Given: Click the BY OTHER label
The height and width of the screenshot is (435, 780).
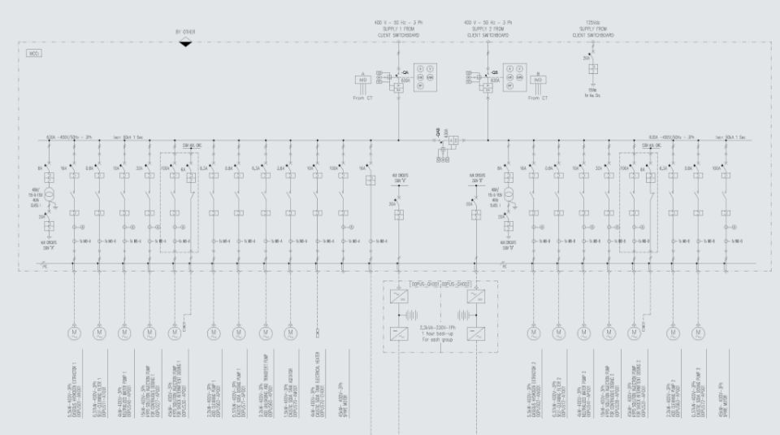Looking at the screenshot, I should (x=185, y=32).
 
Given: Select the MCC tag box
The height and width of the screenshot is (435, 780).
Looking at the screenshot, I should (x=34, y=54).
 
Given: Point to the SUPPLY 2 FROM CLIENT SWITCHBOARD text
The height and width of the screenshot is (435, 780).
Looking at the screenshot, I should (x=487, y=33).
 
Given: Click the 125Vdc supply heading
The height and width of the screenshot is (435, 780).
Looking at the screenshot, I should (x=592, y=33).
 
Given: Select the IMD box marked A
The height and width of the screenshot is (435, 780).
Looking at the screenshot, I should (x=364, y=80).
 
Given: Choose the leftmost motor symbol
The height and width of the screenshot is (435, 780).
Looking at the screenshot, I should (x=74, y=332).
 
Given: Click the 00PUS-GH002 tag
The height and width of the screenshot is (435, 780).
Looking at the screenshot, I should (x=457, y=284).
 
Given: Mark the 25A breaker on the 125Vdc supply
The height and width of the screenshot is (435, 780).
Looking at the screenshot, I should (x=592, y=68).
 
